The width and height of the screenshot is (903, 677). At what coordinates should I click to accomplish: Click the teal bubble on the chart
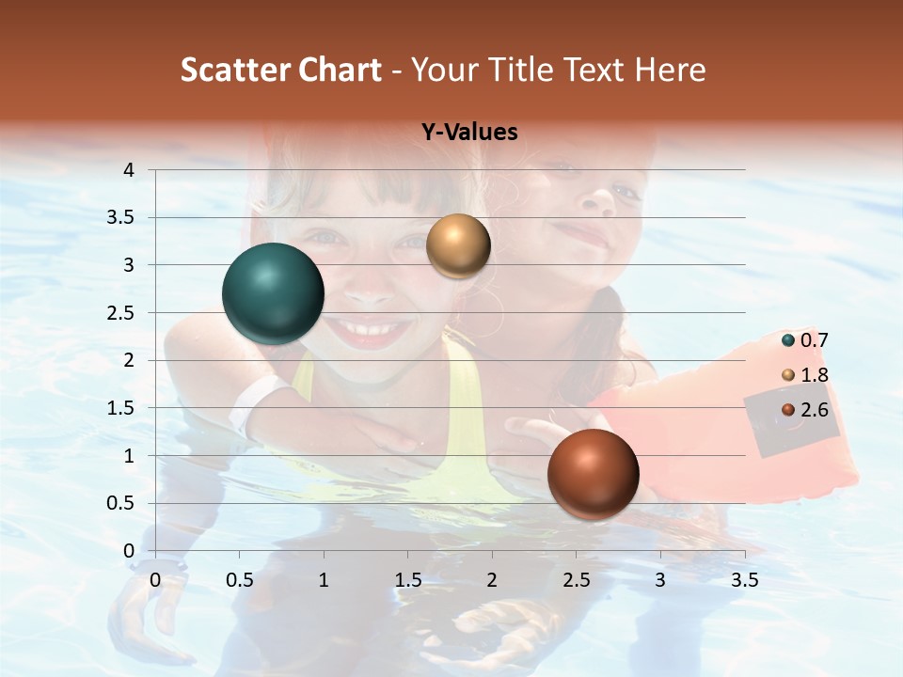click(x=273, y=293)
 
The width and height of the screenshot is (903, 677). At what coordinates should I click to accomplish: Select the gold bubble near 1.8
click(x=458, y=245)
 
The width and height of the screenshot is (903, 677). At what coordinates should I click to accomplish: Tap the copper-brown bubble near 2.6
click(x=593, y=474)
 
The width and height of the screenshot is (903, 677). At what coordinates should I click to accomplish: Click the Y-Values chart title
click(x=469, y=132)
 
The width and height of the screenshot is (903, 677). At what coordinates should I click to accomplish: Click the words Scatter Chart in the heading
click(x=281, y=70)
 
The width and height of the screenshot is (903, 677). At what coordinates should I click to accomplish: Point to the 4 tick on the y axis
click(x=129, y=170)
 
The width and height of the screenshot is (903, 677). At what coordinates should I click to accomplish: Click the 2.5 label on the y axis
click(x=120, y=313)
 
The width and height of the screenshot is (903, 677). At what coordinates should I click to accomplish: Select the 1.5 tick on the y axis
click(x=120, y=408)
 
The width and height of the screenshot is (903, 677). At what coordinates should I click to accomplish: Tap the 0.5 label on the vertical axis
click(x=120, y=503)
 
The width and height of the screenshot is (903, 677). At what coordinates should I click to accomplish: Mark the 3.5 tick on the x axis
click(x=744, y=580)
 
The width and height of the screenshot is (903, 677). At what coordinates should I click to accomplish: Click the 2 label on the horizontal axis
click(x=492, y=580)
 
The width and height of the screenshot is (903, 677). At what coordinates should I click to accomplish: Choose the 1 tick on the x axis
click(x=324, y=580)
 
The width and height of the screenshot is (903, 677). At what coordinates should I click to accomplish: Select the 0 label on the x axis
click(x=156, y=580)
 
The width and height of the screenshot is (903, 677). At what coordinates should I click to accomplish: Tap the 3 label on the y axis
click(x=129, y=265)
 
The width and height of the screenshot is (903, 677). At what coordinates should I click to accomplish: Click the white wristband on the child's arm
click(x=252, y=402)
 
